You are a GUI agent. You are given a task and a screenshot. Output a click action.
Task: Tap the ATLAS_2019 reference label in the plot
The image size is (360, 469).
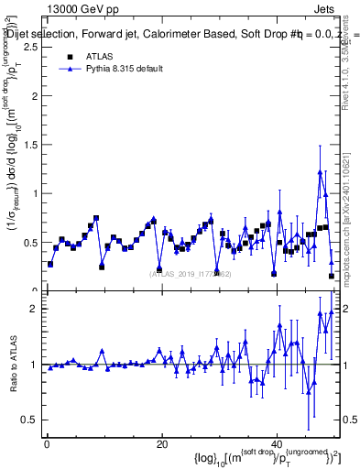pyautogui.click(x=191, y=273)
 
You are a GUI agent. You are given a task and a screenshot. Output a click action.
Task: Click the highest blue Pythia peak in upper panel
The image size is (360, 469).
pyautogui.click(x=320, y=171)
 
